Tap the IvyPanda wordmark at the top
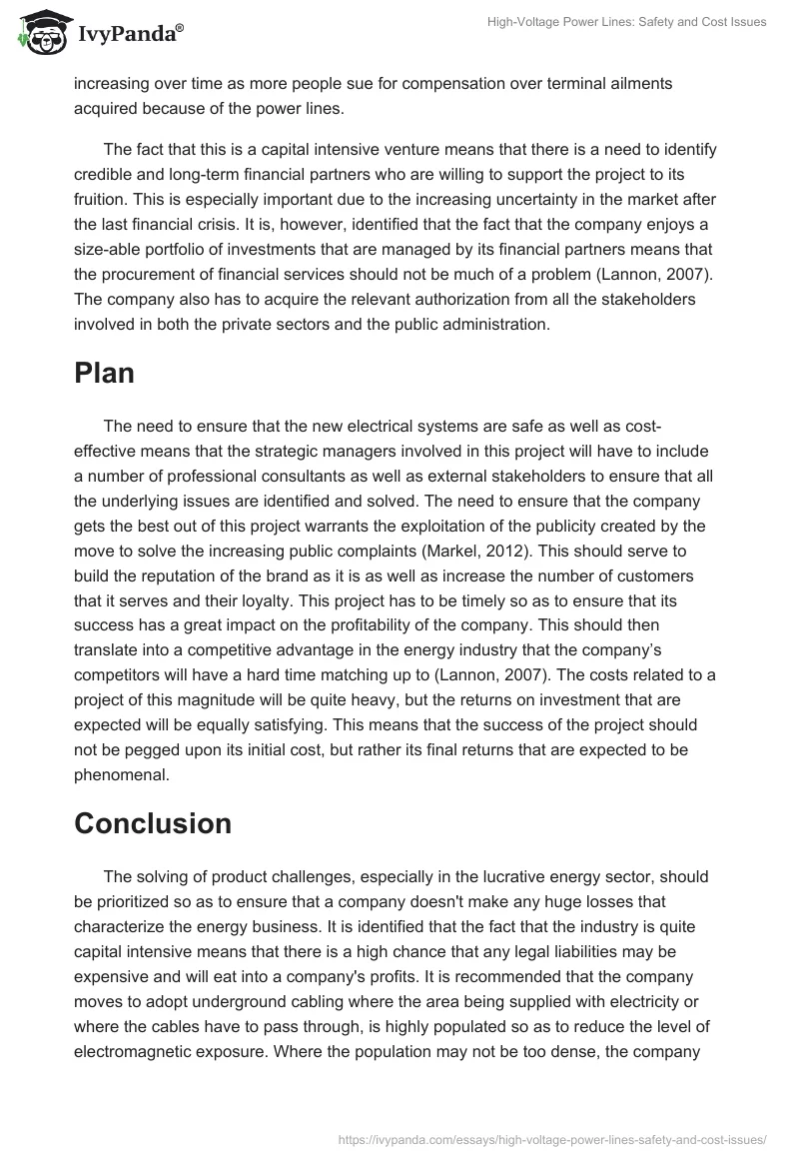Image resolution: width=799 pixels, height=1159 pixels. click(x=130, y=34)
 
